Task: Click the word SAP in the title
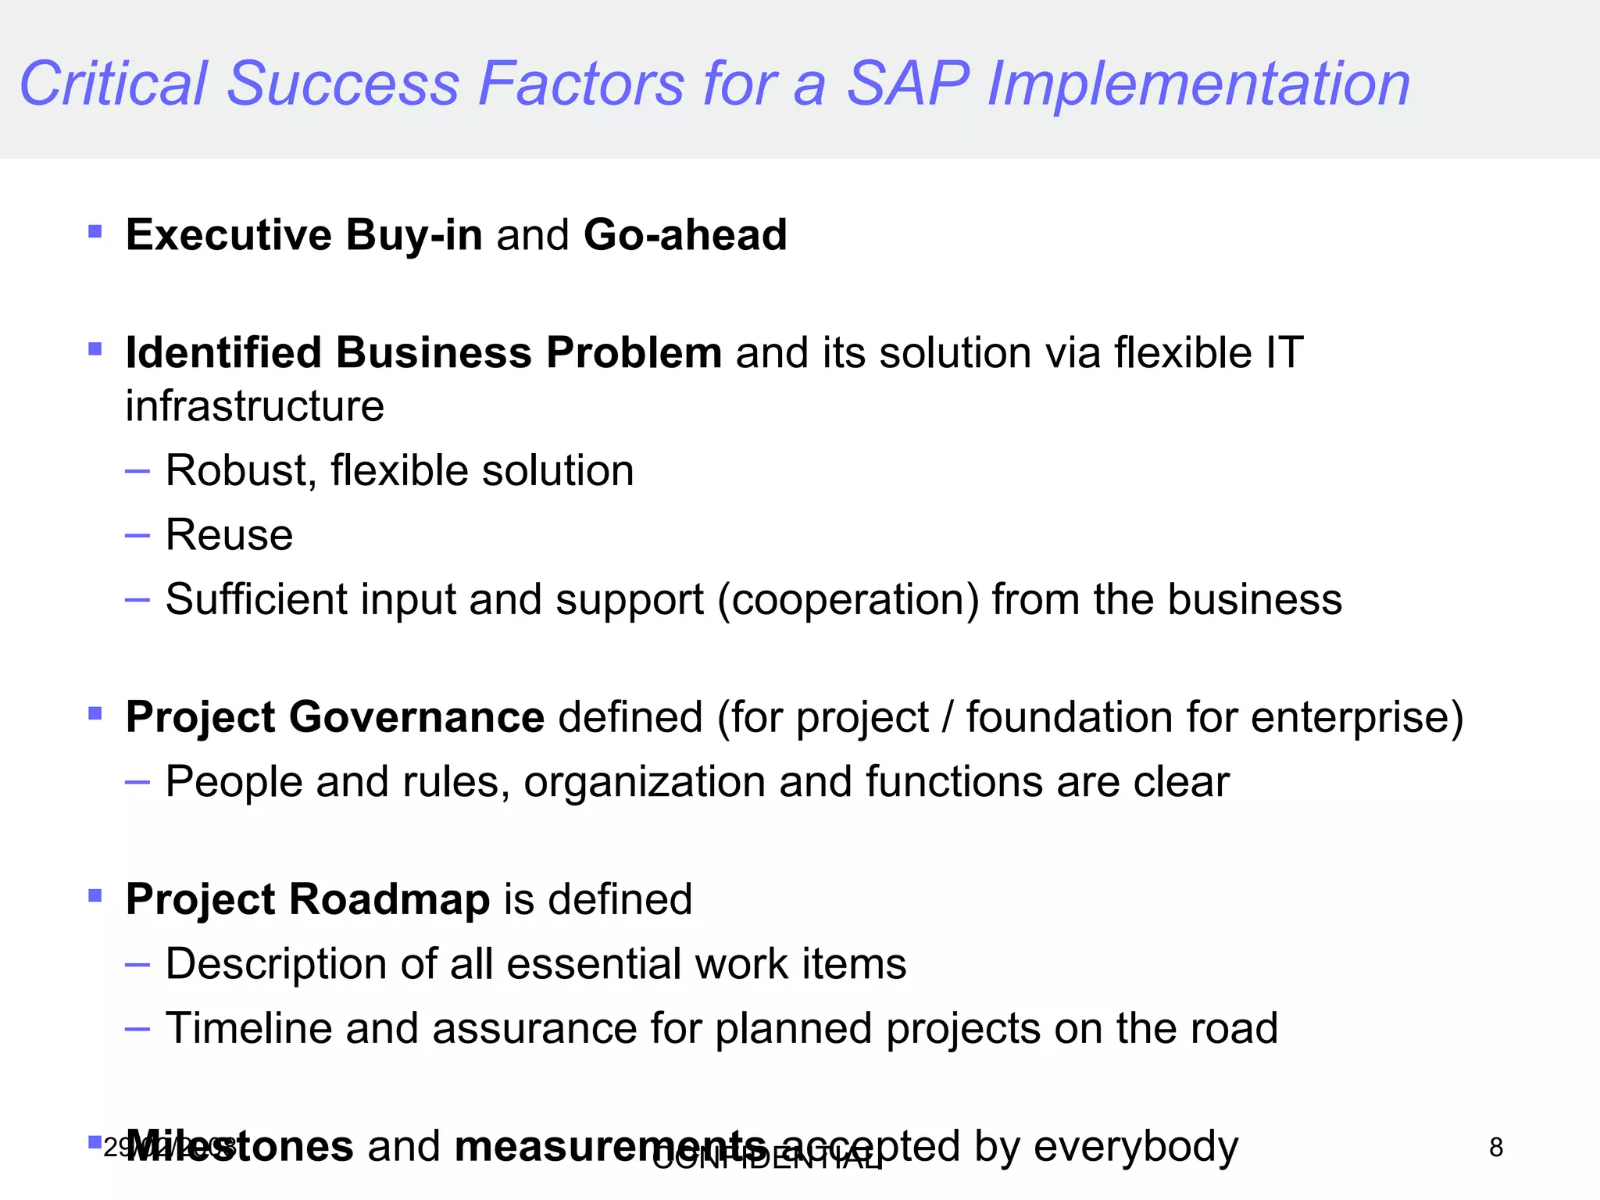tap(908, 84)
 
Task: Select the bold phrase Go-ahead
tap(685, 234)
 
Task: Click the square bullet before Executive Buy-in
tap(95, 231)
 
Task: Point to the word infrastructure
tap(255, 406)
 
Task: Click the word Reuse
tap(229, 535)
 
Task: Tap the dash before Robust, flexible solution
tap(137, 471)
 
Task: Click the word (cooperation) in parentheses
tap(848, 600)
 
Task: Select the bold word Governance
tap(416, 717)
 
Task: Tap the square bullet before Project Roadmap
tap(95, 895)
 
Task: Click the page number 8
tap(1496, 1148)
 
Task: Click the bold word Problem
tap(634, 352)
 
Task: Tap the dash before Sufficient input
tap(137, 600)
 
